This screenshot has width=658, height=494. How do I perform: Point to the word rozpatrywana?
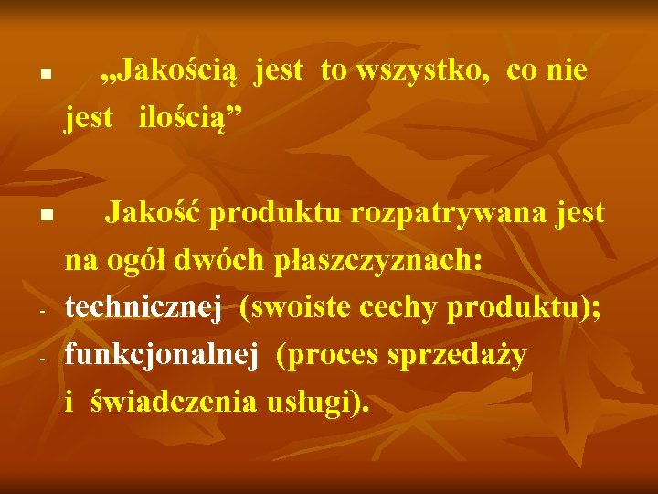[440, 214]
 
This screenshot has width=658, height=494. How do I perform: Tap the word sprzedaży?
[462, 356]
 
